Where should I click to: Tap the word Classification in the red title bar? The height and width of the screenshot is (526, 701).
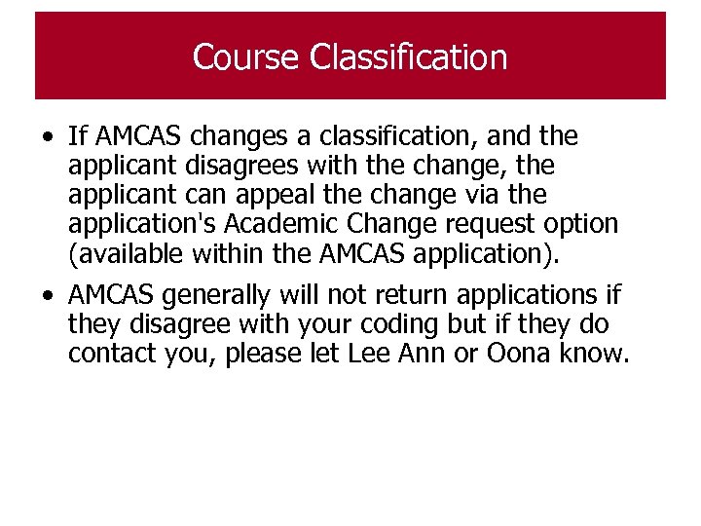[409, 57]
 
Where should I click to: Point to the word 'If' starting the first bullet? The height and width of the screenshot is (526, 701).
[78, 136]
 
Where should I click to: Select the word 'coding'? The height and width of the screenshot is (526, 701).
[468, 324]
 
